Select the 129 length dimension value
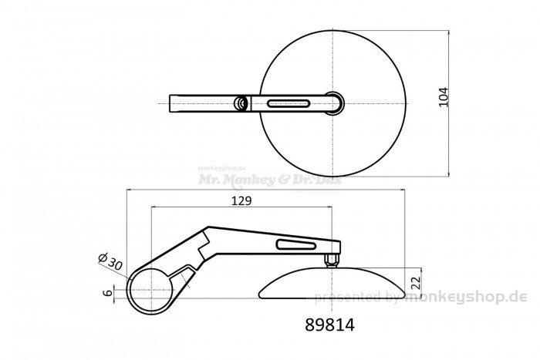coord(242,200)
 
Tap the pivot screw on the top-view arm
coord(241,103)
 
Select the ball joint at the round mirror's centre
coord(333,103)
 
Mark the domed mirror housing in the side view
coord(332,284)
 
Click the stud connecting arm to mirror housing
coord(332,259)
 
